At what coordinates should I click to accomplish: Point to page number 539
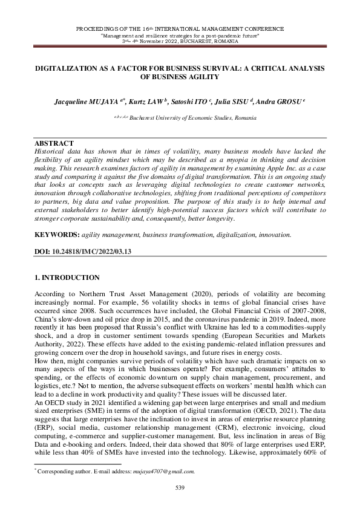pyautogui.click(x=180, y=487)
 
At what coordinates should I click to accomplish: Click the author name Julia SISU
pyautogui.click(x=238, y=103)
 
